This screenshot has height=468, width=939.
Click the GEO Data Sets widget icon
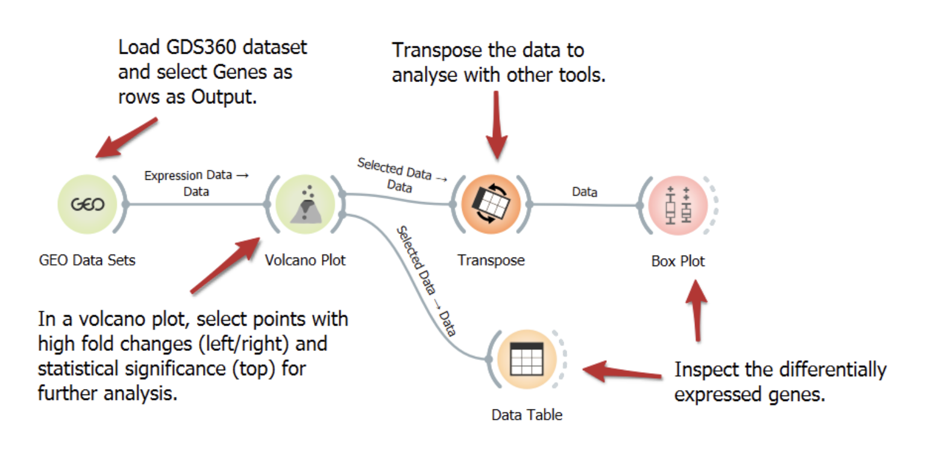pos(88,204)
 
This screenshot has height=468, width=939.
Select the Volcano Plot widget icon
pos(305,204)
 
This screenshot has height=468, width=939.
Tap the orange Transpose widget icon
pos(491,204)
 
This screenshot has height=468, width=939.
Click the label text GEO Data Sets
pos(87,261)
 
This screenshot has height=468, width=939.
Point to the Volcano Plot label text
pos(306,261)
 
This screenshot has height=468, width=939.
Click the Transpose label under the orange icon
pos(491,261)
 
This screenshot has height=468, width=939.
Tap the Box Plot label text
pos(678,261)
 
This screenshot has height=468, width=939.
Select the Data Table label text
pos(527,415)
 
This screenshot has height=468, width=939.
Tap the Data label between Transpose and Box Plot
pos(584,192)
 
